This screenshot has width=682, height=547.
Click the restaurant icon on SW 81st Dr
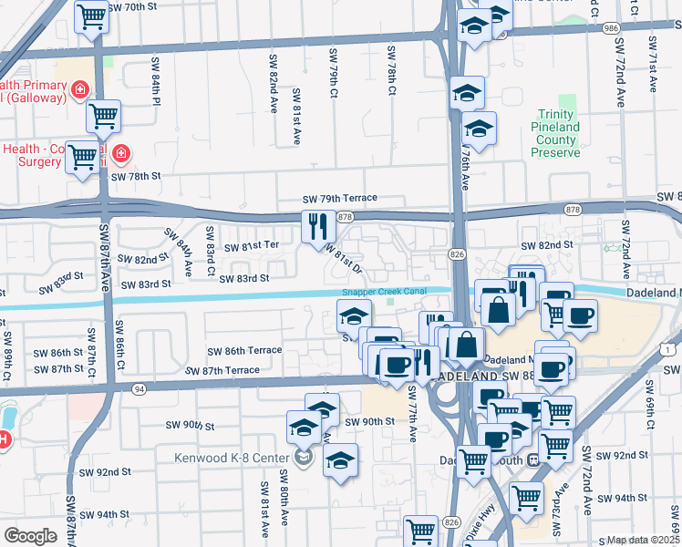coord(315,225)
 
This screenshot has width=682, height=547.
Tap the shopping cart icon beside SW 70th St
coord(92,16)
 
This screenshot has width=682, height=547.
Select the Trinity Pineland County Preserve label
coord(556,134)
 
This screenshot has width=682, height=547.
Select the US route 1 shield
coord(671,348)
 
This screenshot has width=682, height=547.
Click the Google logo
coord(30,536)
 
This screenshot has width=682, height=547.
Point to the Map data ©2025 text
coord(644,540)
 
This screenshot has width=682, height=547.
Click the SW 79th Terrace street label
coord(340,199)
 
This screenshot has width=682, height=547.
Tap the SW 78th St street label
coord(136,176)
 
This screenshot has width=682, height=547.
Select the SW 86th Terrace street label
coord(244,351)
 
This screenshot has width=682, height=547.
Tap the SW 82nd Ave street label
coord(273,82)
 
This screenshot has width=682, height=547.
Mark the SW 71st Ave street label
coord(653,65)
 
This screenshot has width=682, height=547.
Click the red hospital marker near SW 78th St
coord(120,154)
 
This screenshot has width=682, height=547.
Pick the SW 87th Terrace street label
coord(222,371)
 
